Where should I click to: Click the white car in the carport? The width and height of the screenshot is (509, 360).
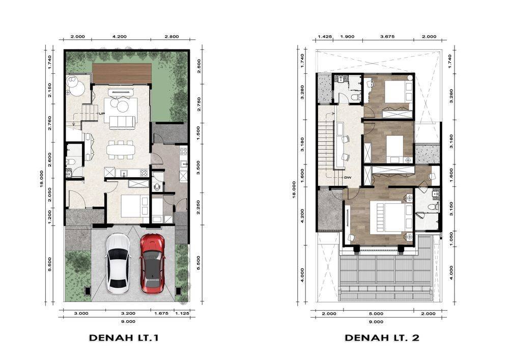tap(119, 264)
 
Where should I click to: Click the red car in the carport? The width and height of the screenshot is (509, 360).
tap(152, 263)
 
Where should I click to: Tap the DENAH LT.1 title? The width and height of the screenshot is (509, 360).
tap(124, 338)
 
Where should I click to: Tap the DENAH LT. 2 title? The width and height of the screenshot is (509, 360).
tap(382, 338)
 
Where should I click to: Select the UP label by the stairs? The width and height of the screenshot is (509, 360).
tap(102, 114)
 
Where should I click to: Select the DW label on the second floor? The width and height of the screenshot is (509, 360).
tap(348, 178)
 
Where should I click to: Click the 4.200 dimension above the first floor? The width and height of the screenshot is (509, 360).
tap(120, 37)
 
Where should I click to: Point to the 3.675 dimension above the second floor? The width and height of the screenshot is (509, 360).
tap(387, 37)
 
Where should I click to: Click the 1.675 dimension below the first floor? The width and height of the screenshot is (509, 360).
tap(161, 314)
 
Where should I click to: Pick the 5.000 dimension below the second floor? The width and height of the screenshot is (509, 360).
tap(376, 314)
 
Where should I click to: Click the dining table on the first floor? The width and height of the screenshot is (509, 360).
tap(121, 150)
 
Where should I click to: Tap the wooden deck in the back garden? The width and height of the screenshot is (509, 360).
tap(122, 74)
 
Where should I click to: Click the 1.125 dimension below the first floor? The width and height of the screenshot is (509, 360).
tap(182, 314)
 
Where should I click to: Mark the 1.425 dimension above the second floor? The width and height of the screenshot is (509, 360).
tap(325, 37)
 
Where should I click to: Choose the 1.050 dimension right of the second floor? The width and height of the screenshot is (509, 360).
tap(451, 239)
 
